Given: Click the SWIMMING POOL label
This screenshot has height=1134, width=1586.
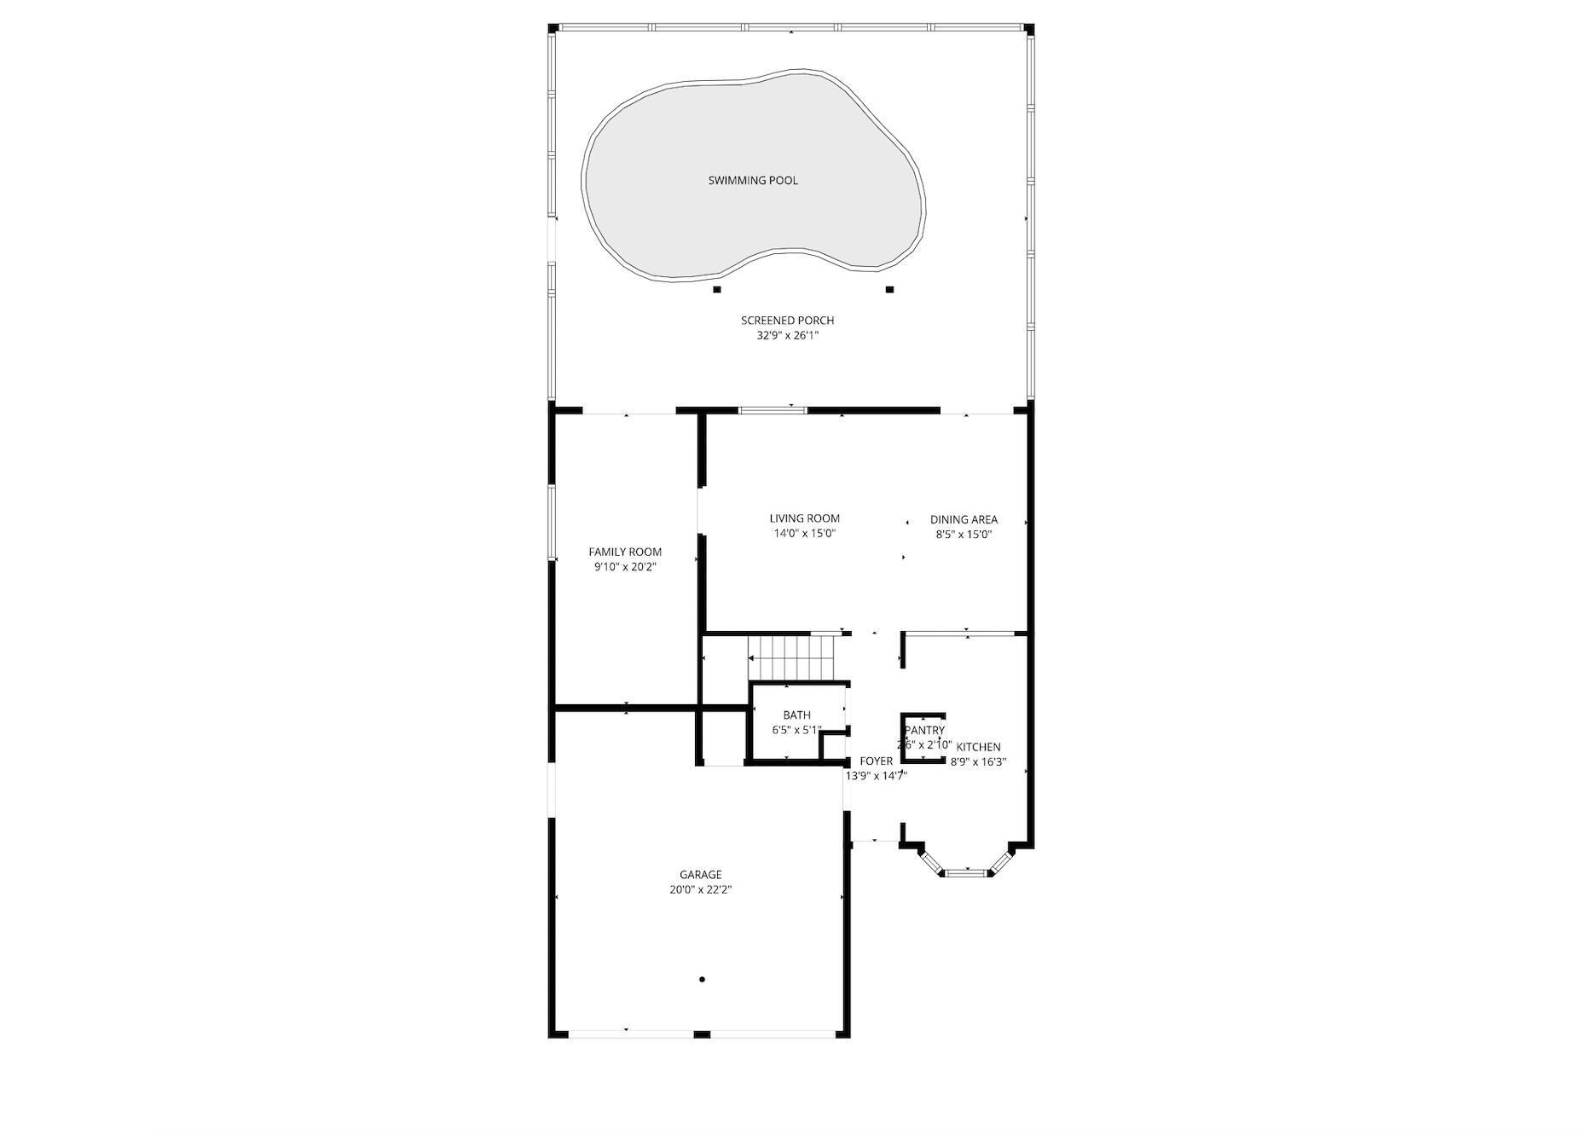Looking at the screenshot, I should [753, 181].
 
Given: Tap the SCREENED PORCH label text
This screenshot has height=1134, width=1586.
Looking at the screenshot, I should [787, 321].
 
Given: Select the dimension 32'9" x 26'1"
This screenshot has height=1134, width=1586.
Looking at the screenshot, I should [787, 336].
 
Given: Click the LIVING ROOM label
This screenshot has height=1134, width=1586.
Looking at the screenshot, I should [804, 518].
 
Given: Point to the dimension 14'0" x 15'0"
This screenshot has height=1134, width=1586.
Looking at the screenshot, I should [804, 535].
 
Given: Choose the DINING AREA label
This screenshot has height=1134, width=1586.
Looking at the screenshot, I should [964, 519].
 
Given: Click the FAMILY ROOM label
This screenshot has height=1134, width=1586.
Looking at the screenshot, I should [625, 552].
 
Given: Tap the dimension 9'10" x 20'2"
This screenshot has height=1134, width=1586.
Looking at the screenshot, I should [625, 567].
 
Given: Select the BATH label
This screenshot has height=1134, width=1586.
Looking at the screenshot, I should [796, 715].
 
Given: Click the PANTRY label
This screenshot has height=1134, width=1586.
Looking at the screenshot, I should [924, 731].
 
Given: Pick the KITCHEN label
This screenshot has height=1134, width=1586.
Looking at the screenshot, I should [978, 747].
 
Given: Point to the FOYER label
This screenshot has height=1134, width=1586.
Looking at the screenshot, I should [876, 761].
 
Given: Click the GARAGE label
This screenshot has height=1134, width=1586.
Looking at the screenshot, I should [700, 875].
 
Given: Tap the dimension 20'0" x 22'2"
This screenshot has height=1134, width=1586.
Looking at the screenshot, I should [700, 890].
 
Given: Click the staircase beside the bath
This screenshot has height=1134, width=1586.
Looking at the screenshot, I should [790, 657].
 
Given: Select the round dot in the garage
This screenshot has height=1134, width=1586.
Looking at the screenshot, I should [702, 980].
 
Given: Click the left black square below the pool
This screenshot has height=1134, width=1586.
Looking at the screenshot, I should [716, 290].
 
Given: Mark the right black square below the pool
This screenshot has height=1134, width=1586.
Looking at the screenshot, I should [889, 290].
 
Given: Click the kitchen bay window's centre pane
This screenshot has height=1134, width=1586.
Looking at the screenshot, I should [965, 872].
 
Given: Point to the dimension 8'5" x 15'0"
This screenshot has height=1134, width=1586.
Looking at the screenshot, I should [964, 535].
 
